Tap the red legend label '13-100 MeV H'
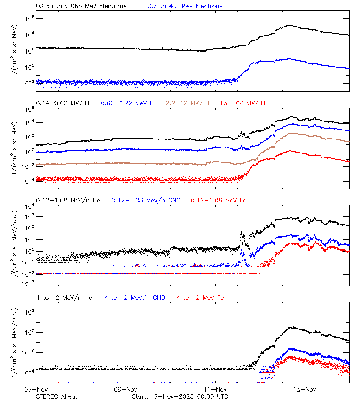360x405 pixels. [x=243, y=103]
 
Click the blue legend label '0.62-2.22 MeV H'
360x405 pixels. [x=127, y=103]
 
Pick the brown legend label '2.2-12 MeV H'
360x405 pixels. [x=188, y=103]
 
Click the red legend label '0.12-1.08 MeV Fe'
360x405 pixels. [x=219, y=200]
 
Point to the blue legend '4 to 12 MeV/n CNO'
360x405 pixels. [x=135, y=297]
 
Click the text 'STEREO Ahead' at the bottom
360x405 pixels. [x=57, y=396]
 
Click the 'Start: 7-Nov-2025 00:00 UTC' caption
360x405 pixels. [x=180, y=396]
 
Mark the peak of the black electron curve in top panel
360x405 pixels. [x=290, y=25]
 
